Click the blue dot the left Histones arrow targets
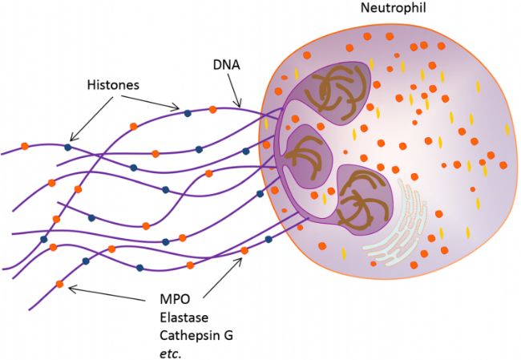coord(68,147)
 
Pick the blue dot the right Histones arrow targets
coord(187,113)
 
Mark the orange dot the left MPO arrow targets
coord(60,284)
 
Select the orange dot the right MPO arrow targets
coord(244,251)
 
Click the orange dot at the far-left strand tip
coord(25,146)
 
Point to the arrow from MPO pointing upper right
coord(224,273)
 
